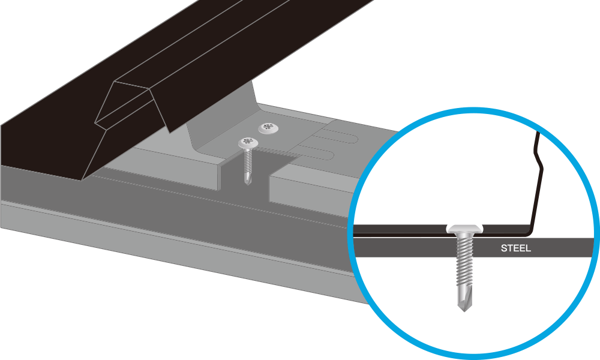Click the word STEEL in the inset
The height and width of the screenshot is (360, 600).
click(515, 248)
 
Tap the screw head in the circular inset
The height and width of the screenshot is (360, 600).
click(464, 229)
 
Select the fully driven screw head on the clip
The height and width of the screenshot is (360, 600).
click(268, 128)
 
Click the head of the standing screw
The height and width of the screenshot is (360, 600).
click(248, 143)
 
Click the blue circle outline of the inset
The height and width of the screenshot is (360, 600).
click(473, 110)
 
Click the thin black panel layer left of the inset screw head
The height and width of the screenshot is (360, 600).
click(400, 229)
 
